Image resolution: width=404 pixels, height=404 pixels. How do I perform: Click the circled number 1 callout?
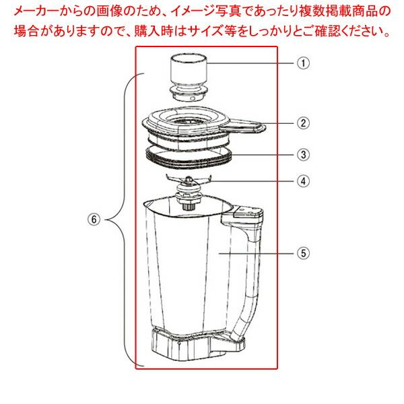coord(304,63)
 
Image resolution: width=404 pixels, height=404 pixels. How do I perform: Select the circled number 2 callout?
coord(304,123)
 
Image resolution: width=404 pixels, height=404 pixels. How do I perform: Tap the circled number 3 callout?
coord(304,154)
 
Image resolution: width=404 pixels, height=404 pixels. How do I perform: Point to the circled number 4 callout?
coord(304,180)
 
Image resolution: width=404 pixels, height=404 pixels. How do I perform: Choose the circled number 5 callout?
coord(304,253)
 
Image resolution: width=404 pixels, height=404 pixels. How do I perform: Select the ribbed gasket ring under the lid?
coord(191,157)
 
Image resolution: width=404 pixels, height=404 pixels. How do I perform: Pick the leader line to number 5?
coord(259,253)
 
